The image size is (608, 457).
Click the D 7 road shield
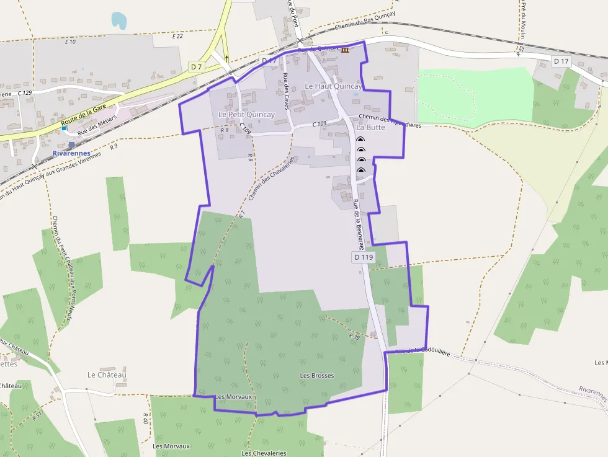tap(197, 66)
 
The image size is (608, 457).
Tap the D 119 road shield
tap(364, 257)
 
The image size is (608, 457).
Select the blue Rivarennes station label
tap(72, 153)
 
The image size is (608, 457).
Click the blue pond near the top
tap(118, 20)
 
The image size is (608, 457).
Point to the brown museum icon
tap(345, 49)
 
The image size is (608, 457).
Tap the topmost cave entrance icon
tap(360, 140)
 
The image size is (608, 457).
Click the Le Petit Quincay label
tap(246, 115)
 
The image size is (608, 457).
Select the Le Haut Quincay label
tap(333, 86)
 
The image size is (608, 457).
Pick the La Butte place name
tap(371, 127)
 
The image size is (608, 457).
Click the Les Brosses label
tap(317, 375)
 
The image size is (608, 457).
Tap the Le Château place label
tap(107, 375)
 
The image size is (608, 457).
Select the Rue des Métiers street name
tap(97, 127)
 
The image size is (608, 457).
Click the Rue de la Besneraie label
tap(360, 224)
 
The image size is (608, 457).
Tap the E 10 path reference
tap(70, 42)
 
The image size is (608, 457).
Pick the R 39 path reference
tap(354, 336)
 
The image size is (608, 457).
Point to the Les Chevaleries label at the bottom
tap(264, 453)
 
